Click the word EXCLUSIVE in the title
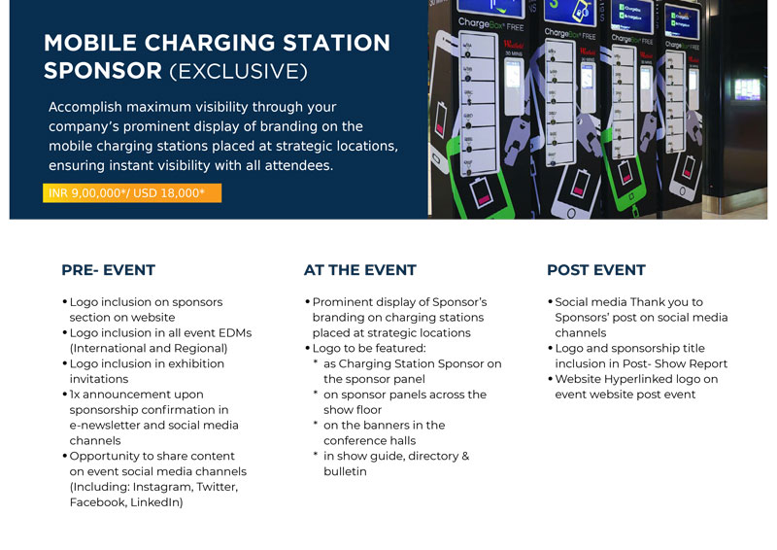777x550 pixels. point(238,71)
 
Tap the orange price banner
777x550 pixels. point(132,193)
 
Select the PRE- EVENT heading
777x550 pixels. point(108,270)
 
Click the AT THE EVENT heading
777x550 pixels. point(359,270)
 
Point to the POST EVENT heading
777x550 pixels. point(596,270)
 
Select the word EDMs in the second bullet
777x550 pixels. point(234,332)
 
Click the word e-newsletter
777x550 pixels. point(105,425)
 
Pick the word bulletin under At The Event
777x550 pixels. point(345,471)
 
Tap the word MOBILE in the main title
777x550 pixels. point(90,43)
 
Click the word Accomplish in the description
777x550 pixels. point(85,107)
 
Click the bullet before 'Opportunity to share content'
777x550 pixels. point(65,456)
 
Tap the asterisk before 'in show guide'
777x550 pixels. point(315,454)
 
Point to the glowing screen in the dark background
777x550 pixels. point(747,89)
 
